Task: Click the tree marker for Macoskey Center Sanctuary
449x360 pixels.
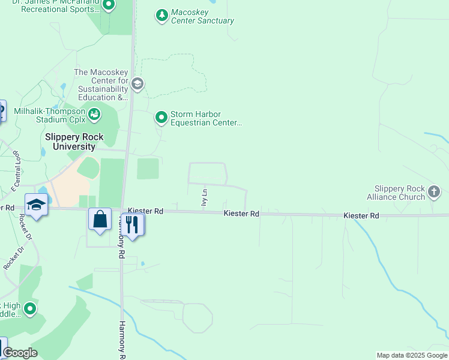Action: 161,16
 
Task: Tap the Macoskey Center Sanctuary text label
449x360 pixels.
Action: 202,16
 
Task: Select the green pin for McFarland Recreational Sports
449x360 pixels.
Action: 109,5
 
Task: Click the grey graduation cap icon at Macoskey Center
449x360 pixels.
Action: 137,84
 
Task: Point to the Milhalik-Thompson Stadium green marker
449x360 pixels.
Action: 94,113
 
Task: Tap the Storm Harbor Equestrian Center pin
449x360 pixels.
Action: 161,118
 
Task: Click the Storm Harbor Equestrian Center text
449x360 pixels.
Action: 205,118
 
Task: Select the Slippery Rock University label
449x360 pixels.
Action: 74,142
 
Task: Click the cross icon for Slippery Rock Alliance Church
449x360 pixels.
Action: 433,193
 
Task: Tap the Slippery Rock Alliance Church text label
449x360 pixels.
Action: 399,193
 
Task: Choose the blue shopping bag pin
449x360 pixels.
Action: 100,219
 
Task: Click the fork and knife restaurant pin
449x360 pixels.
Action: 133,224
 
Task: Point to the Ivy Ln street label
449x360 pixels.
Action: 205,198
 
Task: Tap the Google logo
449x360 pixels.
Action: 20,353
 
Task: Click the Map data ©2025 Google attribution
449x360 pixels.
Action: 412,355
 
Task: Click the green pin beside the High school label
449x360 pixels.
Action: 29,309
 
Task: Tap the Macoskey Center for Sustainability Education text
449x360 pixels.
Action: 101,85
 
